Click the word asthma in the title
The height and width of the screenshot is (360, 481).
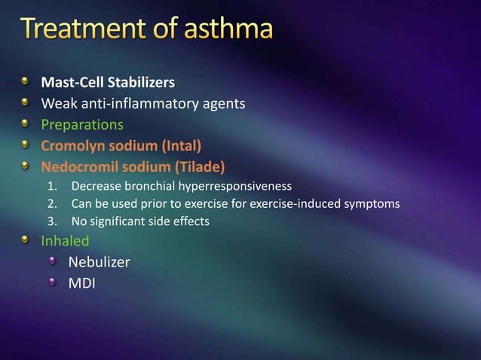219,31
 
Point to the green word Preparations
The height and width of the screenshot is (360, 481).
82,124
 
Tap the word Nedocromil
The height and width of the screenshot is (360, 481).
76,166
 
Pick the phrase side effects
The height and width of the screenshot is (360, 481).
182,222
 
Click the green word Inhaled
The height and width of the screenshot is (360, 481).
65,241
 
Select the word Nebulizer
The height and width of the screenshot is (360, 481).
99,262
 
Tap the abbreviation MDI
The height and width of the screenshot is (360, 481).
81,283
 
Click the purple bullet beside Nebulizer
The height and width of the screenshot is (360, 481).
53,261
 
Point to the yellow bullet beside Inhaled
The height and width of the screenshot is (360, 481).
26,240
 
